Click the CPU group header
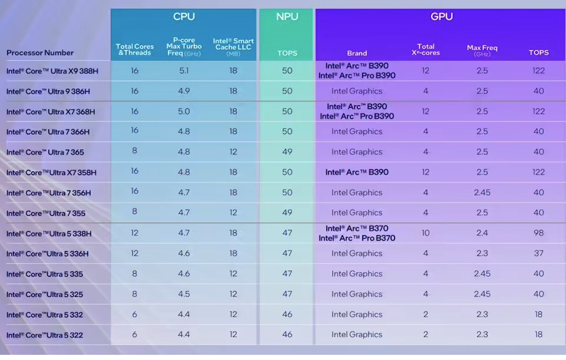pos(184,16)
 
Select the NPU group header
pos(287,16)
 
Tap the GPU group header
pos(441,16)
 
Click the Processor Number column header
pos(40,53)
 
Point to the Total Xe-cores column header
pos(425,49)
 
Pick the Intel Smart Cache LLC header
pos(233,47)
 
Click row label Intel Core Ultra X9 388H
pos(52,71)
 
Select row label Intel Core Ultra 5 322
pos(45,335)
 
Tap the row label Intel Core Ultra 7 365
pos(45,153)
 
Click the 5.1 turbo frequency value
pos(184,71)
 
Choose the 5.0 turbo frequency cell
pos(184,111)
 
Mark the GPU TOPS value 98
pos(538,233)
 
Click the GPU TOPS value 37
pos(538,253)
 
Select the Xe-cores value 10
pos(425,233)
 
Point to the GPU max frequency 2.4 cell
pos(482,233)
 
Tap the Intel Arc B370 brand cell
pos(357,233)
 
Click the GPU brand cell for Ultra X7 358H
pos(357,173)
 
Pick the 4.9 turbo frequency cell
pos(184,91)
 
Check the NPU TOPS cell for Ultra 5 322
pos(287,335)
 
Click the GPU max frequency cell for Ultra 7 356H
pos(482,193)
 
